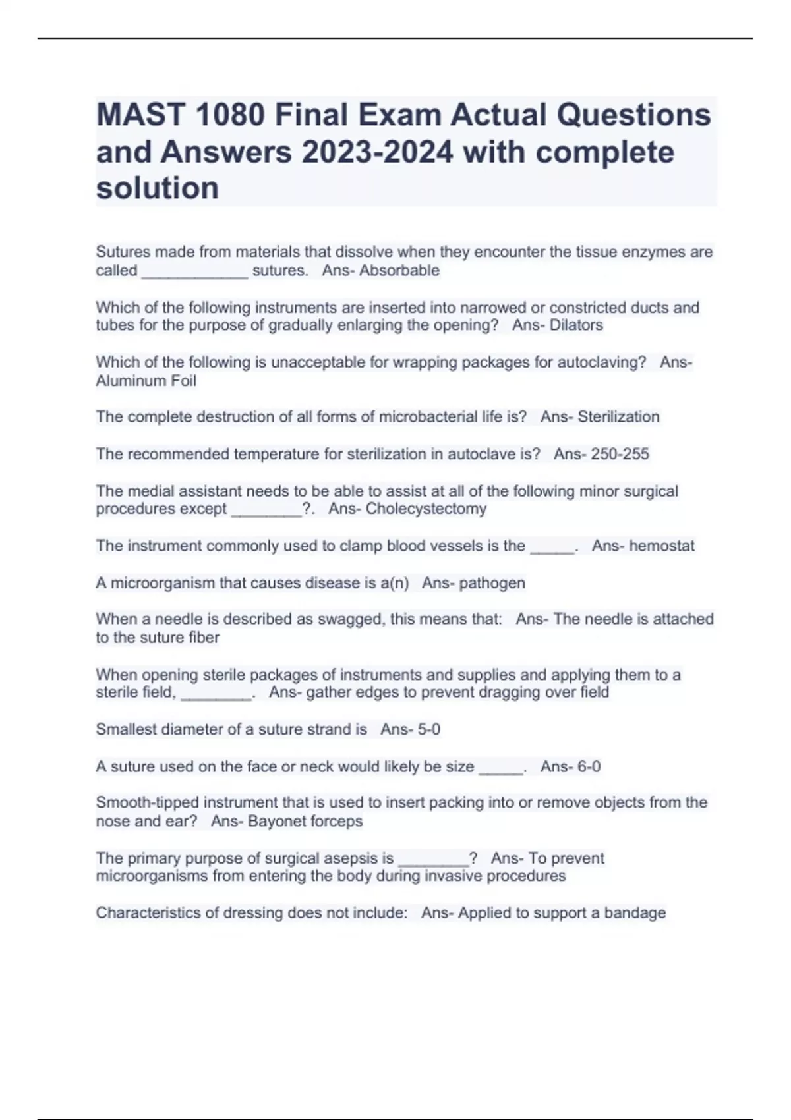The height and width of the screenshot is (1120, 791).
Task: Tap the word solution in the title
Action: coord(158,188)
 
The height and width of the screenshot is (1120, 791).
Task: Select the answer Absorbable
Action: coord(399,271)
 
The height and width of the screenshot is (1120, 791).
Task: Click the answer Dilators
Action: coord(576,325)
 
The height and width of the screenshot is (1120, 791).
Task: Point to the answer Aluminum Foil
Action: coord(146,381)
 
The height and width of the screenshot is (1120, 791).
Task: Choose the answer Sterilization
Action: coord(618,417)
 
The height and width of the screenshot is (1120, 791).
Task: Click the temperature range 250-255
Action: coord(620,454)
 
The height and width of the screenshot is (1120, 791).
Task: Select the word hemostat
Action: coord(662,546)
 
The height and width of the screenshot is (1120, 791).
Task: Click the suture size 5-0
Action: coord(428,729)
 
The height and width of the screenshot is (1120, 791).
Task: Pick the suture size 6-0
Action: coord(588,767)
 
